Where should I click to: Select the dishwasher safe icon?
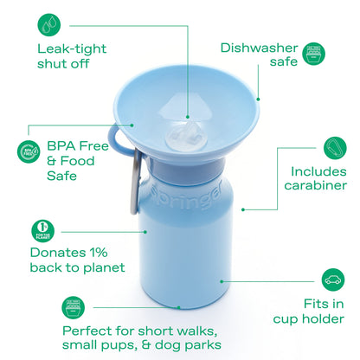point(313,57)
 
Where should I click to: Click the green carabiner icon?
point(334,146)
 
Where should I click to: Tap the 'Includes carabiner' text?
point(318,177)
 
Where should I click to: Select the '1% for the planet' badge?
point(42,230)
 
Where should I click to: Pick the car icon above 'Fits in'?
point(332,279)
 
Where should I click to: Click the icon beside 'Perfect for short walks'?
point(74,305)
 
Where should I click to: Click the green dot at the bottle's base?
point(179,306)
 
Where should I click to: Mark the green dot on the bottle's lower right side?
point(222,280)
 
